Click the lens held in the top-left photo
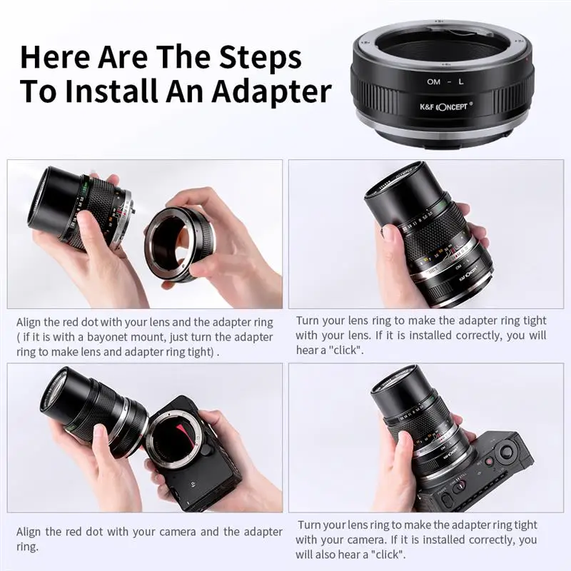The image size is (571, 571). tap(79, 207)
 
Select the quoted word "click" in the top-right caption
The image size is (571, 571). tap(345, 350)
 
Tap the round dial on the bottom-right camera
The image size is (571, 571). tap(506, 451)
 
